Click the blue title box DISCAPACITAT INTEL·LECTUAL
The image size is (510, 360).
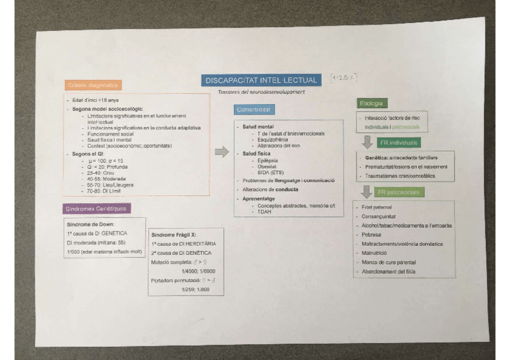261,81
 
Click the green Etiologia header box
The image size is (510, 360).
373,103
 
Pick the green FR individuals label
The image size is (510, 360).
399,143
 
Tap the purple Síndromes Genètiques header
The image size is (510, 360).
96,209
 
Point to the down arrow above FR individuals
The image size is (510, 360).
366,142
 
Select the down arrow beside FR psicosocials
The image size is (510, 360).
366,192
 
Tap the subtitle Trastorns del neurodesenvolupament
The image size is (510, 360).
262,92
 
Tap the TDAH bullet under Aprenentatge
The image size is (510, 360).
264,212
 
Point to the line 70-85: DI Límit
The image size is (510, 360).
103,190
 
